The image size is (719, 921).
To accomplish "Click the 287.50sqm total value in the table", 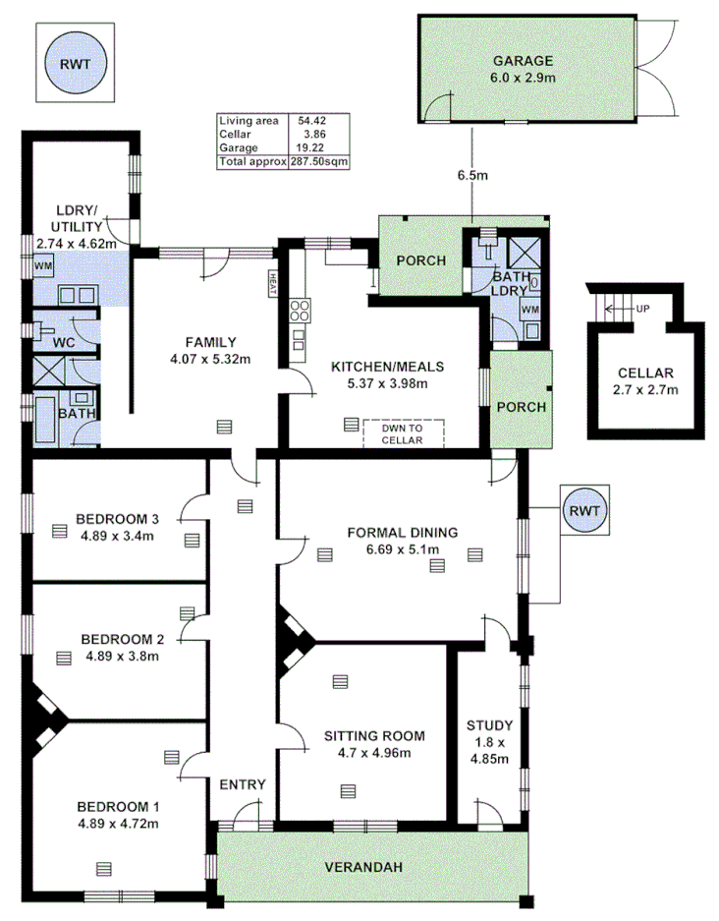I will pos(319,161).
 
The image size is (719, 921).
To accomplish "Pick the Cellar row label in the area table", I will pos(236,133).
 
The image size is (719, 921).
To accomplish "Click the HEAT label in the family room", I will pos(271,284).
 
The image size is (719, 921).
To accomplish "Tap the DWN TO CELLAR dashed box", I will pos(404,433).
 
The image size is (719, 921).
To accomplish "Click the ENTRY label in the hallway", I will pos(242,783).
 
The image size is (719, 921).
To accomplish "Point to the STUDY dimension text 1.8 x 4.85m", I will pos(489,750).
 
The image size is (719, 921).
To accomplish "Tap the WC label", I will pos(64,342).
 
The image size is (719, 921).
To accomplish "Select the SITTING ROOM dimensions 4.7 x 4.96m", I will pos(373,753).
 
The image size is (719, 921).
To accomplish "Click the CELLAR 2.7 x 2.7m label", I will pos(645,381).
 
